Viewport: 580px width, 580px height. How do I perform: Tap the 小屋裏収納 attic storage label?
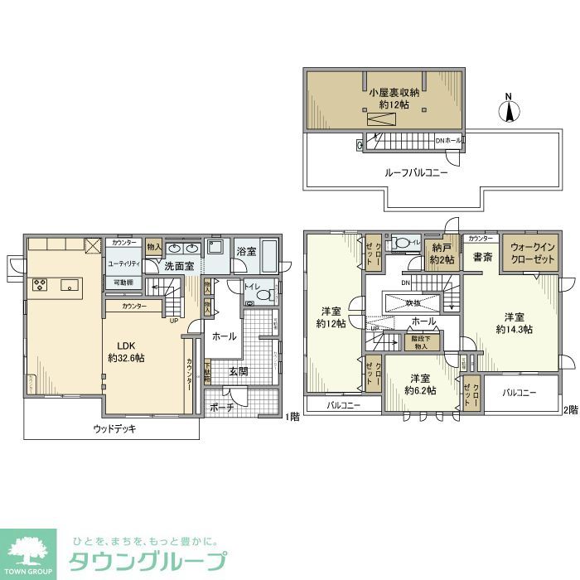click(x=394, y=99)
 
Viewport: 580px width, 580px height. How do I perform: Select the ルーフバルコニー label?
click(x=416, y=173)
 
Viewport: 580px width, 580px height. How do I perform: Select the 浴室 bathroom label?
click(x=245, y=250)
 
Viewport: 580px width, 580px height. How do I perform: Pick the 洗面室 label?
click(x=177, y=267)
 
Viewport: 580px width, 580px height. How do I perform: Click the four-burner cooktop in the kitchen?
click(x=40, y=285)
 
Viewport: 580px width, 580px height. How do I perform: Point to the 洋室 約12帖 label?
click(x=331, y=317)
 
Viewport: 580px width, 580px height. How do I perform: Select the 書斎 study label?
click(x=483, y=258)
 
